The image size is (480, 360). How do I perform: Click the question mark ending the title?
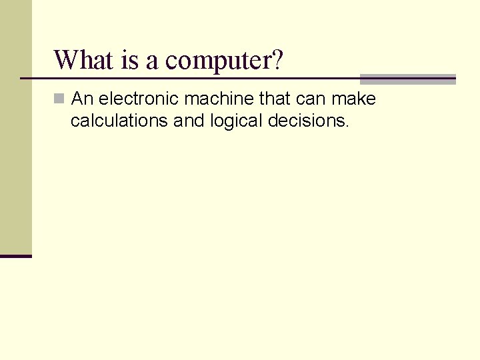(277, 60)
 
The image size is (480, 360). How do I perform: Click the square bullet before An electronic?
(59, 99)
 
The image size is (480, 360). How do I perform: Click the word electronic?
(139, 99)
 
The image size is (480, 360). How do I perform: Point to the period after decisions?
(347, 126)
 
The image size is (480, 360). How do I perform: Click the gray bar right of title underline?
(407, 79)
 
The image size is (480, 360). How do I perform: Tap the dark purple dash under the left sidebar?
(16, 256)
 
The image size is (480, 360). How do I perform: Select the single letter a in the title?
(152, 61)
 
